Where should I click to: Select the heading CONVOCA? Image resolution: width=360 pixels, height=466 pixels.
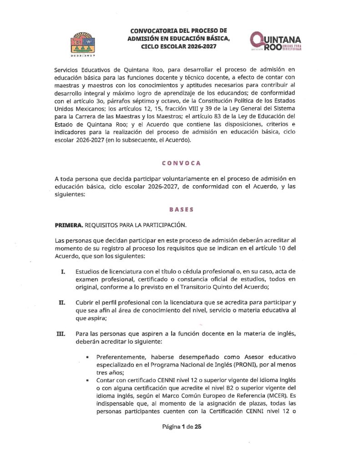181,163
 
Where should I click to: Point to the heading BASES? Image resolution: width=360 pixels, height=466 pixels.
181,210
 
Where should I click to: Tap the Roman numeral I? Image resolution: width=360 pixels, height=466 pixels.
62,271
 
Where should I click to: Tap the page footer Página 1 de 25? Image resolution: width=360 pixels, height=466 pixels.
181,427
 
